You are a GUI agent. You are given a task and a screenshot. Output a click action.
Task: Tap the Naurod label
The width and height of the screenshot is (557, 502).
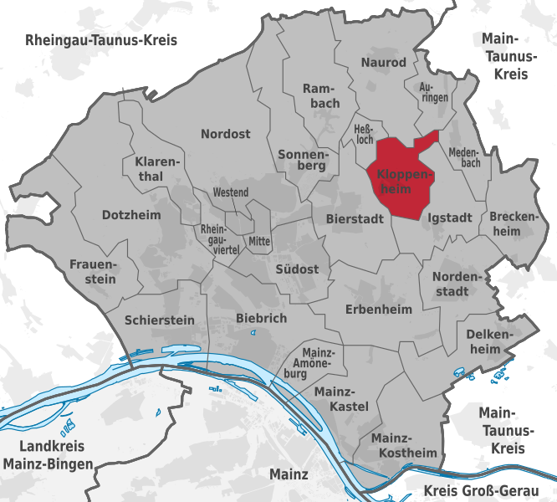click(383, 63)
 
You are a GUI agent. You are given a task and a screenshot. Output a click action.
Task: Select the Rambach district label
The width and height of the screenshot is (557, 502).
click(321, 96)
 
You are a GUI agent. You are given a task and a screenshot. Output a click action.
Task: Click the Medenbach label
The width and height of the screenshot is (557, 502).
click(464, 157)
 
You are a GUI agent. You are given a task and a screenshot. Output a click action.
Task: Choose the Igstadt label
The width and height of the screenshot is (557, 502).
click(449, 217)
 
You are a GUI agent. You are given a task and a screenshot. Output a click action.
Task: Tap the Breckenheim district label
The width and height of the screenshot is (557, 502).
click(510, 223)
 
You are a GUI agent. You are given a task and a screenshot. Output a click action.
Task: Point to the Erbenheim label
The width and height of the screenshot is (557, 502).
click(379, 310)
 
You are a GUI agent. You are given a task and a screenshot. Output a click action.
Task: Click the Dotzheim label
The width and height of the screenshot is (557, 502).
click(130, 215)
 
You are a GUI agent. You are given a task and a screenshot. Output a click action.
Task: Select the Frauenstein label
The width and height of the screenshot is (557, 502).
click(93, 271)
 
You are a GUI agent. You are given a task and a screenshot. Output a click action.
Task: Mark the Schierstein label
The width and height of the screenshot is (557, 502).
click(159, 320)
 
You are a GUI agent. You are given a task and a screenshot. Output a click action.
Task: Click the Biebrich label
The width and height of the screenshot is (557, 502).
click(261, 318)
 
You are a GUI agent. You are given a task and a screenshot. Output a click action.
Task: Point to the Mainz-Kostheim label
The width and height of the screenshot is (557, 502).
click(404, 446)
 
